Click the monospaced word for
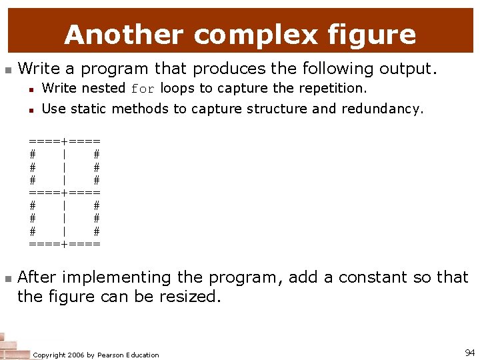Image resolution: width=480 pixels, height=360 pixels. tap(143, 89)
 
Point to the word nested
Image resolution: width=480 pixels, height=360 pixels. tap(103, 88)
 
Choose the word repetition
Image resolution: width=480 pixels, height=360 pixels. tap(331, 88)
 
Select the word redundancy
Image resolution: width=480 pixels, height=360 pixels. tap(382, 109)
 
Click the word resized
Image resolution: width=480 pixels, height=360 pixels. tap(189, 297)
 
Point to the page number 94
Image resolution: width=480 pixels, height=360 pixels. tap(469, 352)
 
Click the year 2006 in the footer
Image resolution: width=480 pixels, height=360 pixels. tap(79, 355)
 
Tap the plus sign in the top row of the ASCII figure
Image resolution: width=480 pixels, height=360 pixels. tap(64, 141)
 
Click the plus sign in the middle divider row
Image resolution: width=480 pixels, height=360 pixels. tap(64, 193)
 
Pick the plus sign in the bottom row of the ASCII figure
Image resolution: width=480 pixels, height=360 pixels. tap(64, 244)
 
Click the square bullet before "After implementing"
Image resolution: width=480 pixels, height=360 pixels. tap(7, 277)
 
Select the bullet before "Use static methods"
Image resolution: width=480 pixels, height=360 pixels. tap(31, 109)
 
